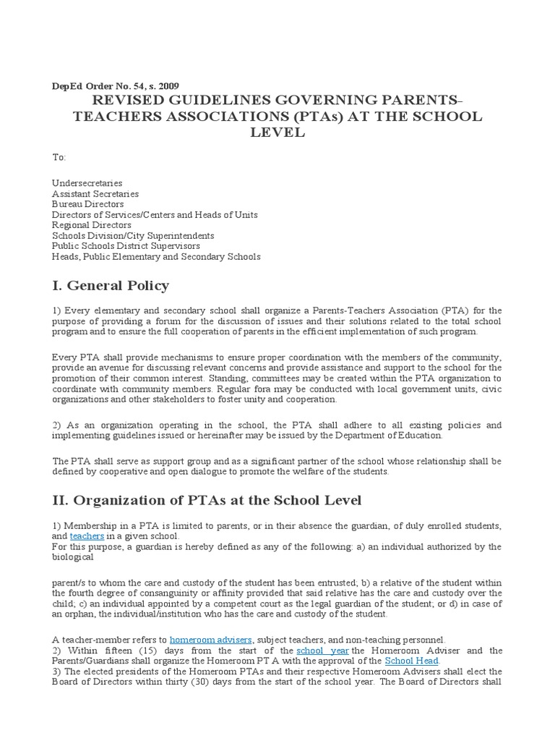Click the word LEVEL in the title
point(277,132)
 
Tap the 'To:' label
point(59,157)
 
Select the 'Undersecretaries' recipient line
point(87,184)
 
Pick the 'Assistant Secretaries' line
point(95,194)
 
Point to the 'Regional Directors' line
point(91,226)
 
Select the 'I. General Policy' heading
point(111,284)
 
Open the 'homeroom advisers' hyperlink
point(210,640)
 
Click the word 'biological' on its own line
point(73,557)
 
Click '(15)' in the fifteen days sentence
point(136,651)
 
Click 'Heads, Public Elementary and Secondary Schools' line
point(156,257)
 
